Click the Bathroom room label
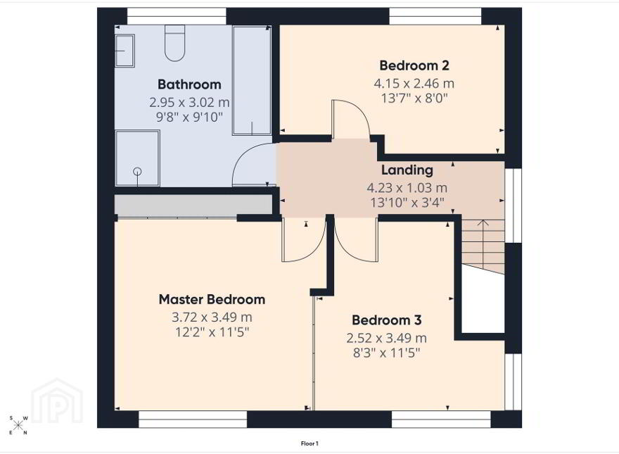pyautogui.click(x=189, y=84)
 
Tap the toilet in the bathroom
pyautogui.click(x=174, y=43)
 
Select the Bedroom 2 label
pyautogui.click(x=414, y=65)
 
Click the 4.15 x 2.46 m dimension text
pyautogui.click(x=414, y=83)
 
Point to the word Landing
pyautogui.click(x=407, y=170)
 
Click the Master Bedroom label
pyautogui.click(x=212, y=299)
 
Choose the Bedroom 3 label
pyautogui.click(x=386, y=320)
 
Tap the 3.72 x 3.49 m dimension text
pyautogui.click(x=212, y=317)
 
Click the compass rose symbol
pyautogui.click(x=18, y=425)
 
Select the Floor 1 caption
pyautogui.click(x=309, y=443)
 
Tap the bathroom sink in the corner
pyautogui.click(x=125, y=51)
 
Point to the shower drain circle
pyautogui.click(x=137, y=171)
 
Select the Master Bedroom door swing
pyautogui.click(x=304, y=239)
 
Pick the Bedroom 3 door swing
pyautogui.click(x=356, y=239)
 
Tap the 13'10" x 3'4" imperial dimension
pyautogui.click(x=407, y=203)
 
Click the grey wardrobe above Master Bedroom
pyautogui.click(x=194, y=205)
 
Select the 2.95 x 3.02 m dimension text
pyautogui.click(x=189, y=102)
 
